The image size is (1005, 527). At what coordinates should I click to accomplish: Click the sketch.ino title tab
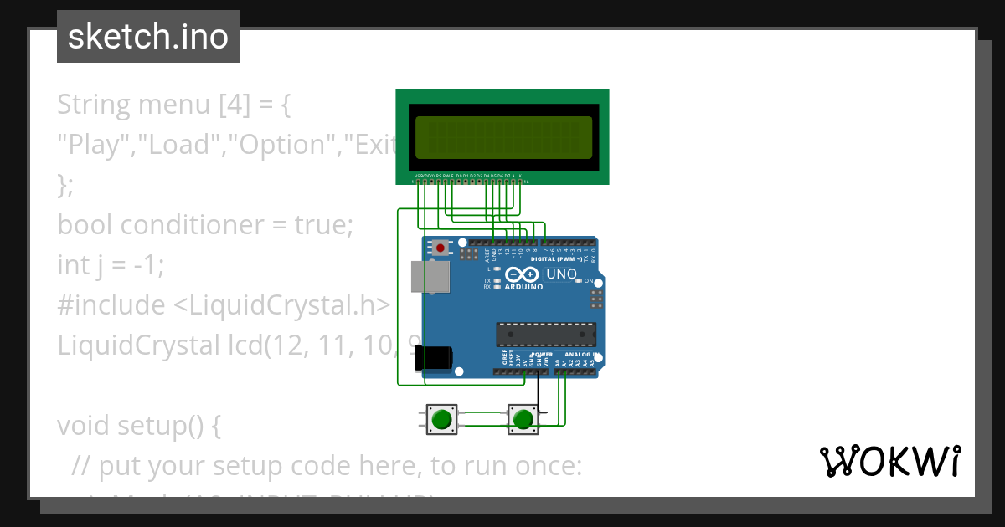coord(147,37)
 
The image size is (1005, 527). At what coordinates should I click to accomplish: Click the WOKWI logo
coord(890,461)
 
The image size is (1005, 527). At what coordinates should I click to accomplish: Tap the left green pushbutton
coord(442,418)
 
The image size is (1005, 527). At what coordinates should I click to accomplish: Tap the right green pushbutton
coord(523,418)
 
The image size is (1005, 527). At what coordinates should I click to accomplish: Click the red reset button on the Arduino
coord(441,247)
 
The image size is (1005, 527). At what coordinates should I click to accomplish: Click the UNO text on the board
coord(561,274)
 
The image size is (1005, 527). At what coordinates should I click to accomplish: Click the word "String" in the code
coord(94,105)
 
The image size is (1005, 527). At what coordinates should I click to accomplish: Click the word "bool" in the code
coord(85,225)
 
